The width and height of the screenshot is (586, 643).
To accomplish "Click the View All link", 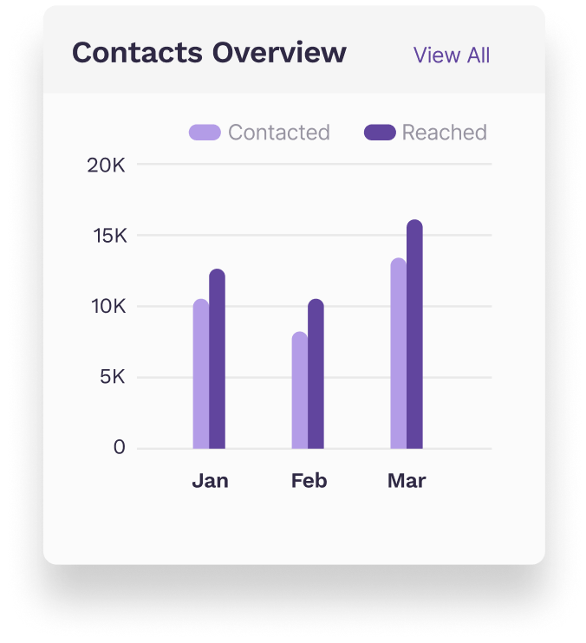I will point(451,55).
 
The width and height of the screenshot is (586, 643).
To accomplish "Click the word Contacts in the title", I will point(133,53).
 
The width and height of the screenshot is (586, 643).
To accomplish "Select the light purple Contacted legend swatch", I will point(205,133).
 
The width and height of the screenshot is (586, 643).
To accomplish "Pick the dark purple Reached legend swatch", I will point(380,133).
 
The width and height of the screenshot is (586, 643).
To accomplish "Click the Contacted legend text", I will point(278,133).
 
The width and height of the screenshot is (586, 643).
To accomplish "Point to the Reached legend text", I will point(444,133).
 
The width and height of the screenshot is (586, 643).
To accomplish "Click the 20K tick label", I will point(107,165).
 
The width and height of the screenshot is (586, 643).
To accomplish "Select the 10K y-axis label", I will point(107,307).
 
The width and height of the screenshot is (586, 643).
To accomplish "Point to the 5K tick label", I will point(112,378).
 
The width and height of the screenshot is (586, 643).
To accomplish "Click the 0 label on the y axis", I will point(119,448).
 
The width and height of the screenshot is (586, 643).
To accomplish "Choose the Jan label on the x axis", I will point(210,481).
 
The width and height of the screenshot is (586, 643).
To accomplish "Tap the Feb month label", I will point(309,481).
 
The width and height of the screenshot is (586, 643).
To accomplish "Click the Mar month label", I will point(407,481).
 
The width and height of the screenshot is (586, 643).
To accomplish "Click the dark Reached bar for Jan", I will point(217,360).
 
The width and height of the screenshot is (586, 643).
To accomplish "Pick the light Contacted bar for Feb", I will point(299,391).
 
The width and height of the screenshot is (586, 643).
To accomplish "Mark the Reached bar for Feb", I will point(316,374).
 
